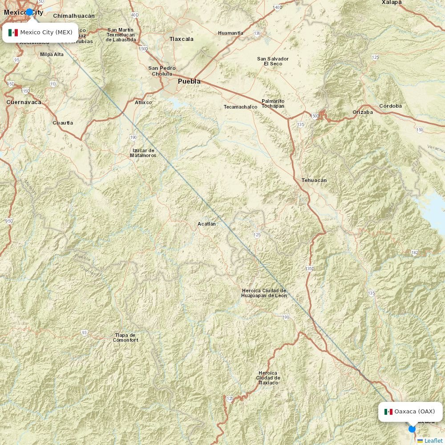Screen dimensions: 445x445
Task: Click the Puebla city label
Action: pyautogui.click(x=189, y=81)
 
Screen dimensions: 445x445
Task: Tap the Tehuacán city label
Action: pyautogui.click(x=314, y=180)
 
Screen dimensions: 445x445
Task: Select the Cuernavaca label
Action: pyautogui.click(x=24, y=102)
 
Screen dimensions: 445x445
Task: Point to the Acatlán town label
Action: pyautogui.click(x=206, y=224)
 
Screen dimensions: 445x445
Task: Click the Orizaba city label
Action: pyautogui.click(x=363, y=112)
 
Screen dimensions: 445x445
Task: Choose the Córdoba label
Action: pyautogui.click(x=390, y=106)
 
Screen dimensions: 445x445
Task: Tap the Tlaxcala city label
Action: pyautogui.click(x=181, y=39)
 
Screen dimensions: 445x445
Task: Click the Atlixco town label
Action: pyautogui.click(x=143, y=102)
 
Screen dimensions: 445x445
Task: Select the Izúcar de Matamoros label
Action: pyautogui.click(x=143, y=153)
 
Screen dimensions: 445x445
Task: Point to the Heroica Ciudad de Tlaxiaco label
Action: pyautogui.click(x=267, y=378)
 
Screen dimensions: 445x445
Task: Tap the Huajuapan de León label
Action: pyautogui.click(x=264, y=293)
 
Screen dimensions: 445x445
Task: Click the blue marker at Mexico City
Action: pyautogui.click(x=29, y=12)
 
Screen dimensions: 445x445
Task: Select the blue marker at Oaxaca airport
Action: pyautogui.click(x=412, y=429)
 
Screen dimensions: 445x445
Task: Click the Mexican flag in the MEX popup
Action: pyautogui.click(x=13, y=32)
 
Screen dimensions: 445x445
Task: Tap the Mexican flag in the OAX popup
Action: pyautogui.click(x=388, y=412)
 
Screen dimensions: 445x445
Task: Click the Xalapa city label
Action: pyautogui.click(x=392, y=3)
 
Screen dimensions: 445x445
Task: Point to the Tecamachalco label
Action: pyautogui.click(x=240, y=107)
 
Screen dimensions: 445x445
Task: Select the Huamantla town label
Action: pyautogui.click(x=231, y=33)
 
